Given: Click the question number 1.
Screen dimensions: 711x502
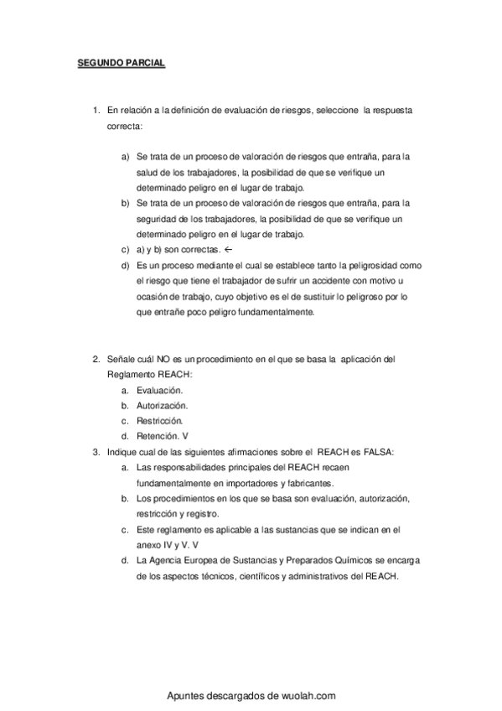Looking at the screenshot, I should pos(95,111).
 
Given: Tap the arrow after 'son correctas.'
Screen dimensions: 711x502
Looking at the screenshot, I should pos(228,250).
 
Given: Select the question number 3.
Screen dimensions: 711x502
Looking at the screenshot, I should pos(95,451).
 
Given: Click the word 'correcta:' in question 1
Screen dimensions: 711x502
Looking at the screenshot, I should pos(126,126).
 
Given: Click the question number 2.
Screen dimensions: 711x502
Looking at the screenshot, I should pos(95,359).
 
